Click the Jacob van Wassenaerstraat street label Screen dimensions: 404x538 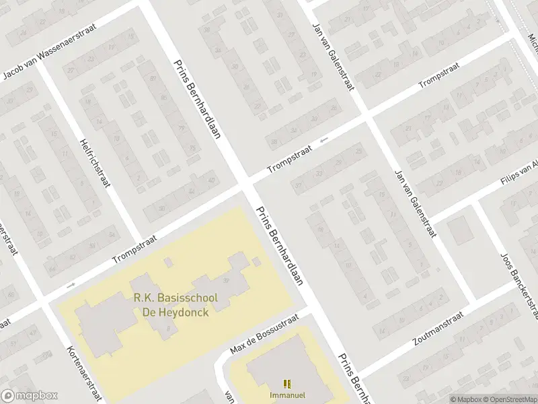pyautogui.click(x=50, y=53)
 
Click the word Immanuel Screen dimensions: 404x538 pyautogui.click(x=287, y=394)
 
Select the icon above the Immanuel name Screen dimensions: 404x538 pyautogui.click(x=287, y=383)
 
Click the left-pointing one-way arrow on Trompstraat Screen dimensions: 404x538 pyautogui.click(x=325, y=140)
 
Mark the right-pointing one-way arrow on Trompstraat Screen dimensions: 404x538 pyautogui.click(x=71, y=284)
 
